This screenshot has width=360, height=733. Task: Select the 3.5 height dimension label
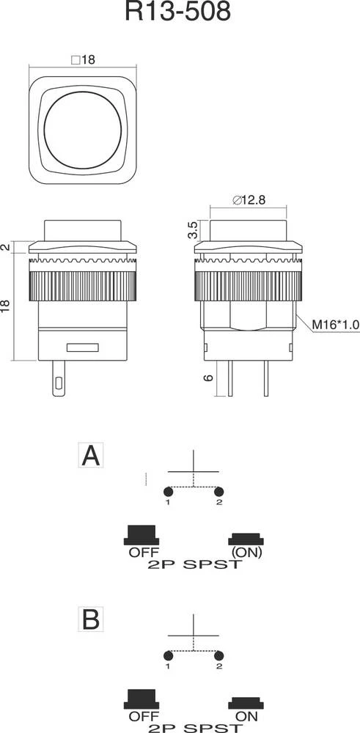pos(193,229)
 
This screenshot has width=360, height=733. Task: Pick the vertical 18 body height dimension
pos(7,306)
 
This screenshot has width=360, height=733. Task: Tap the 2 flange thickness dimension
pos(7,247)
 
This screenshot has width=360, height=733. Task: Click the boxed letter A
pos(90,456)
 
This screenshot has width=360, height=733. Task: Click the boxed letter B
pos(90,620)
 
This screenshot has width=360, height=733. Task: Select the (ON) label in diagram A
pos(246,552)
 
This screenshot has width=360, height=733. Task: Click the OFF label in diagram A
pos(144,552)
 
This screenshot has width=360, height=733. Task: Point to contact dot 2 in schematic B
pos(219,655)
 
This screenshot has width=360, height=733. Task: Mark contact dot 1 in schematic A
pos(168,491)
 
